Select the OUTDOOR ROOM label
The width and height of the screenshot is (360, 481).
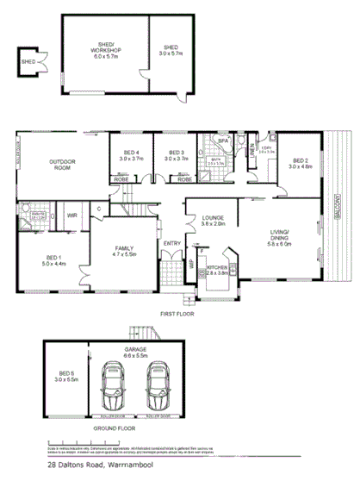[x=61, y=164]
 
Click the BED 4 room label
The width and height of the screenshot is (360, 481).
[x=131, y=154]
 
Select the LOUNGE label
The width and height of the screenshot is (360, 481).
[x=213, y=219]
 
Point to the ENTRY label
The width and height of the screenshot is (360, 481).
[x=172, y=244]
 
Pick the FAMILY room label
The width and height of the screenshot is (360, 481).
[x=127, y=251]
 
